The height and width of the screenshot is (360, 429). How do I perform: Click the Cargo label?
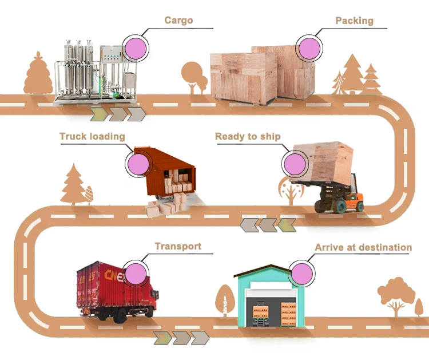178,21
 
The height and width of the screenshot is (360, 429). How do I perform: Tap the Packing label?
354,21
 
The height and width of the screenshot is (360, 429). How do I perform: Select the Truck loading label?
92,137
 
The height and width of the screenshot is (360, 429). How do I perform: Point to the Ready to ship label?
248,137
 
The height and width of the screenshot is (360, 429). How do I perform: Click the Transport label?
178,246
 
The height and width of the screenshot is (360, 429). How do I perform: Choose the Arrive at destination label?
363,248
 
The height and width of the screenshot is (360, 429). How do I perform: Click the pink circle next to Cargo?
137,46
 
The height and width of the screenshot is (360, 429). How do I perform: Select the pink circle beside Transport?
137,274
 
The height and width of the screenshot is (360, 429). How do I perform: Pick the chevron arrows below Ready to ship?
268,224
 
